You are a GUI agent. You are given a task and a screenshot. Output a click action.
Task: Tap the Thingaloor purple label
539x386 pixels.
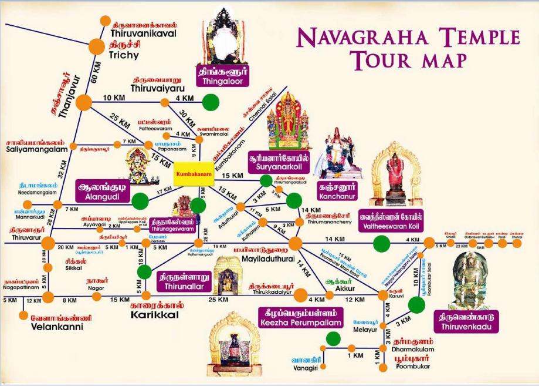[222, 77]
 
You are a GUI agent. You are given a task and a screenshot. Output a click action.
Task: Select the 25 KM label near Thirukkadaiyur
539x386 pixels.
[218, 300]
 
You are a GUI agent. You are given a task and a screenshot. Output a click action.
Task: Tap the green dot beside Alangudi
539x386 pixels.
[140, 202]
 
